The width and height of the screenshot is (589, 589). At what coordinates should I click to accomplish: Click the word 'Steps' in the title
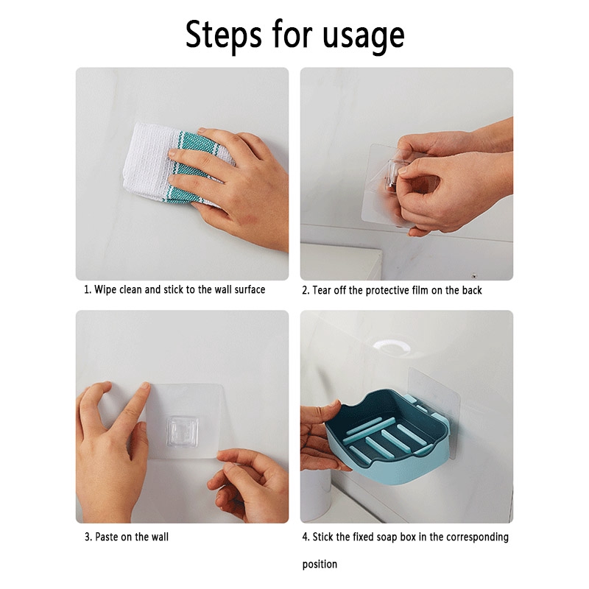pos(223,35)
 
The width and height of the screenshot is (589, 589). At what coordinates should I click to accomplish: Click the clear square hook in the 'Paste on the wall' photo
pos(183,431)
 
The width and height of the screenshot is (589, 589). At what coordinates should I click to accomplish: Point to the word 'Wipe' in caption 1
pos(105,289)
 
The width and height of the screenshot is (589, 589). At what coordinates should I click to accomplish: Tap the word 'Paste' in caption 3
pos(107,537)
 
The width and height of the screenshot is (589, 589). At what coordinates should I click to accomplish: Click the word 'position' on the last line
pos(320,565)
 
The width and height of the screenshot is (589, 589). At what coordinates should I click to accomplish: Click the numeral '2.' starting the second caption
pos(306,290)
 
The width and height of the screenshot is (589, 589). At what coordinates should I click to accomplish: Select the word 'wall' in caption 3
pos(160,537)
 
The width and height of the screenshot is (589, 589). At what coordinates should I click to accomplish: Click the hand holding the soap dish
pos(320,436)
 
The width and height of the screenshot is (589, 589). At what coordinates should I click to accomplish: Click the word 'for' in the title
pos(292,35)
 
